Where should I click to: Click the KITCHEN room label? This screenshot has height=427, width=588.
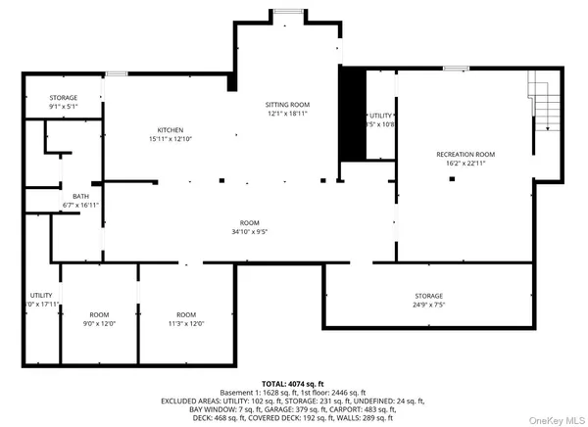(171, 130)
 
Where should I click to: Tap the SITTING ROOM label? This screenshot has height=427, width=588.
(288, 104)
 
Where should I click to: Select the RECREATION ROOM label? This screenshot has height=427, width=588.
(465, 155)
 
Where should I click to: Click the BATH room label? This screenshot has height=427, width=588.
(81, 196)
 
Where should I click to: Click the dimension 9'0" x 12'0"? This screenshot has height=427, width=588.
(100, 323)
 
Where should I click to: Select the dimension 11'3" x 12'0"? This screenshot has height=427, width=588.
(186, 323)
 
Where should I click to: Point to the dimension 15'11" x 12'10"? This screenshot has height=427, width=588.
(171, 140)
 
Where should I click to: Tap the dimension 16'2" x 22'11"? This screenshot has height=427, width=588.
(465, 165)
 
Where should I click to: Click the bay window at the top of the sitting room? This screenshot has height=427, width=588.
(288, 11)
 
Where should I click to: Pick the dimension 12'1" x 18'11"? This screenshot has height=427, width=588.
(288, 114)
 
